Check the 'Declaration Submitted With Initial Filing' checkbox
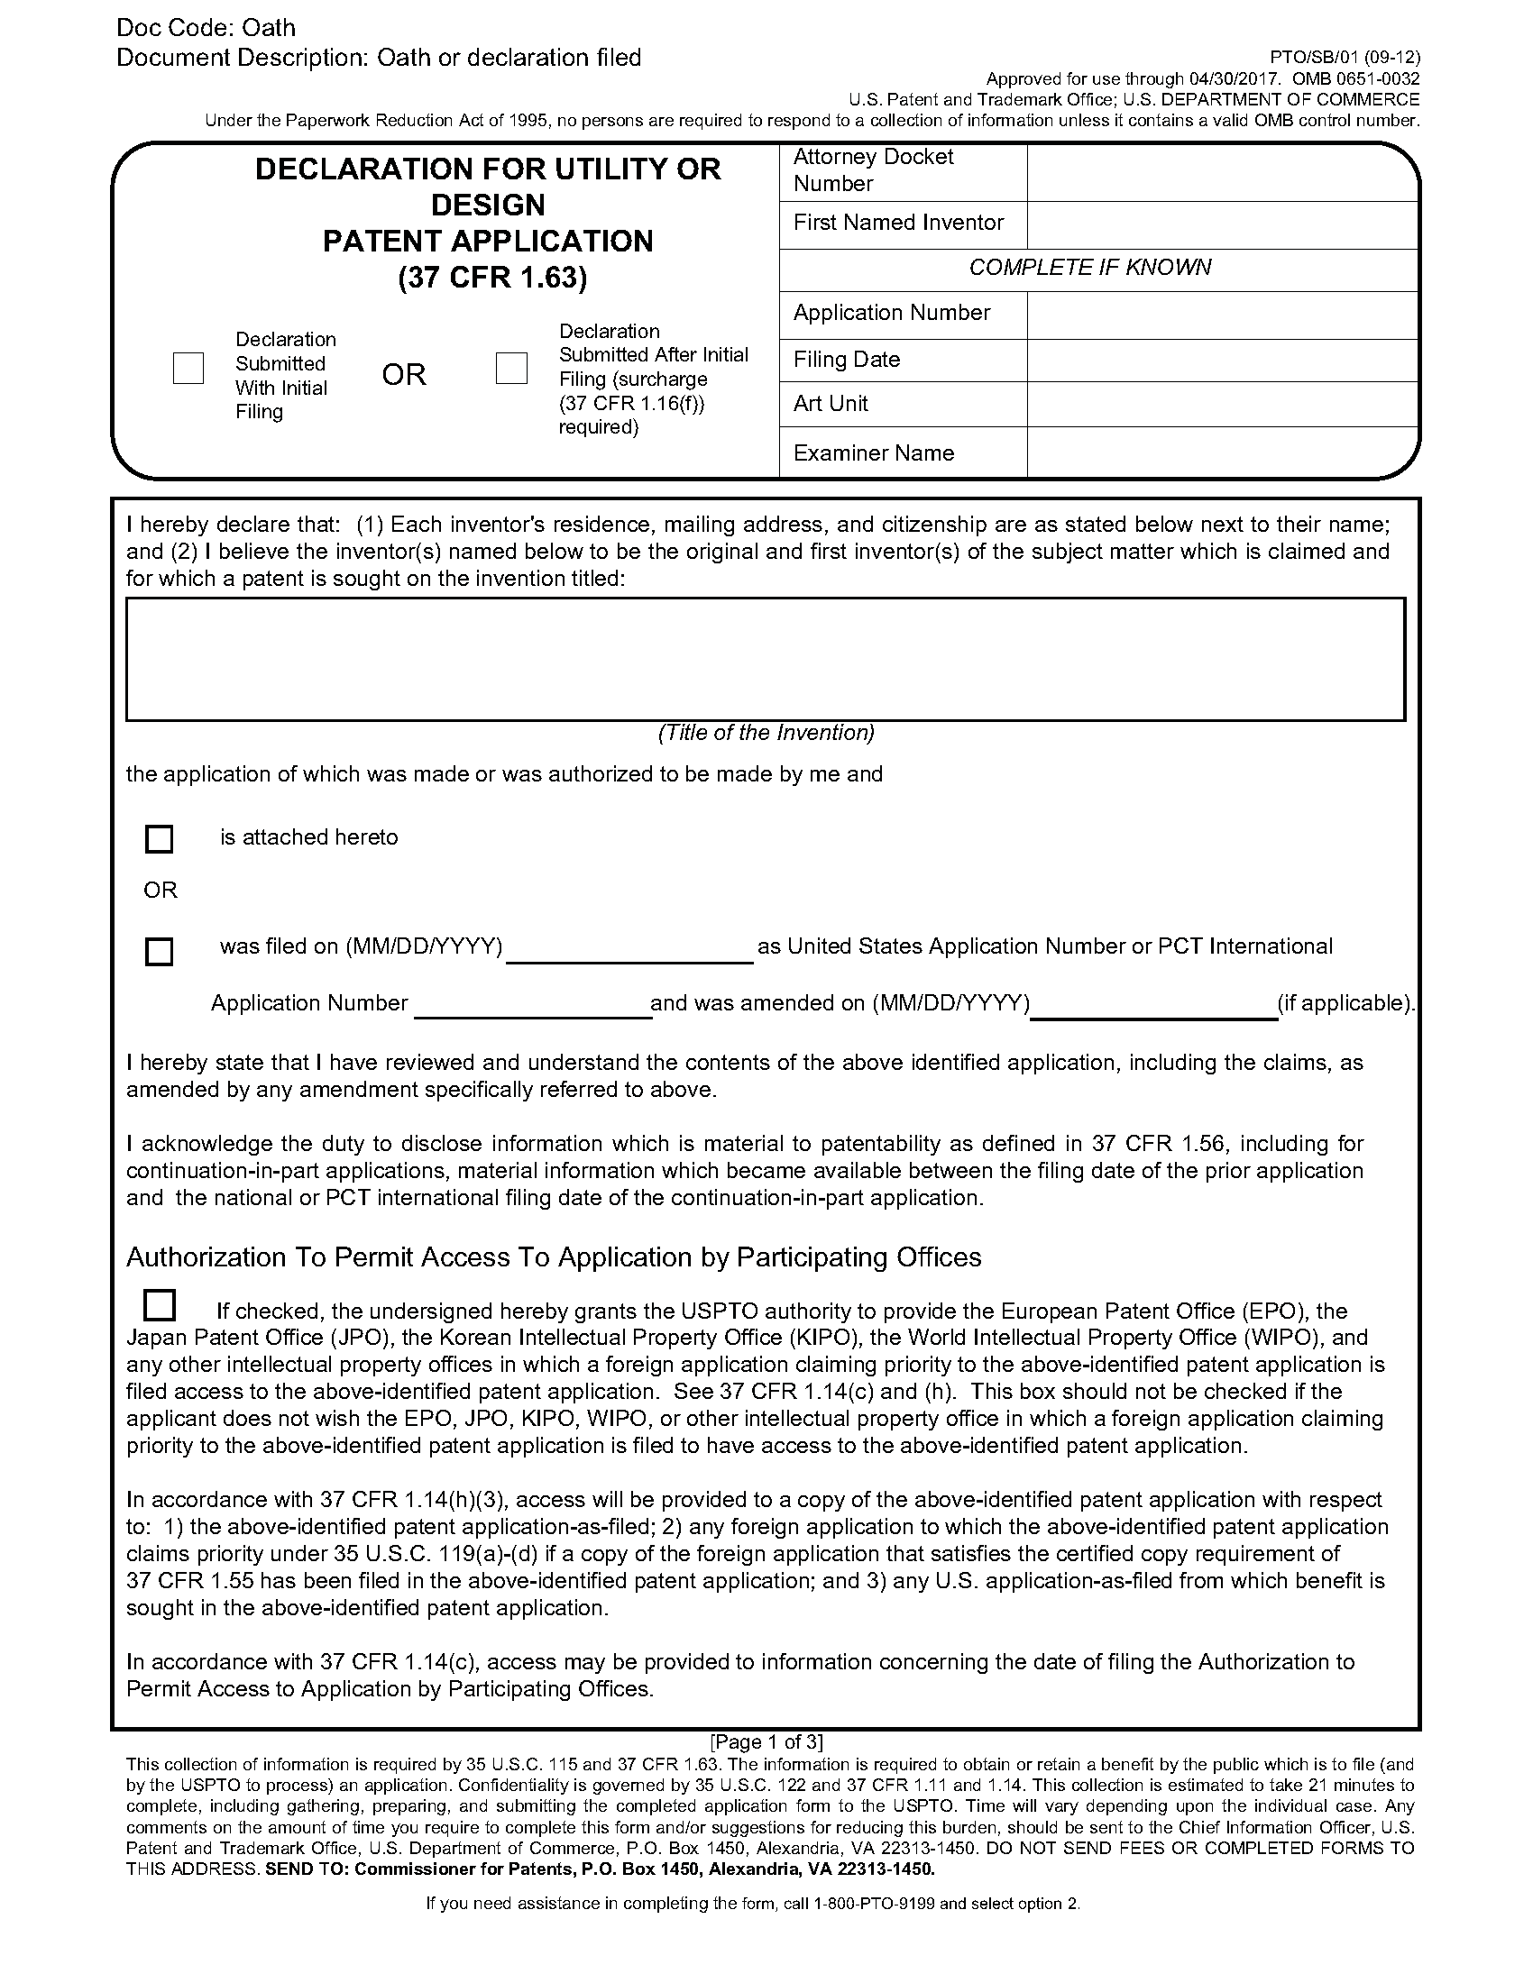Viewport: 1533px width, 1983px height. pyautogui.click(x=188, y=368)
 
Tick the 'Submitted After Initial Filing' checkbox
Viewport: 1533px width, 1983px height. pyautogui.click(x=511, y=368)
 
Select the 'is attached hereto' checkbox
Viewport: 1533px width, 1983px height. pyautogui.click(x=159, y=839)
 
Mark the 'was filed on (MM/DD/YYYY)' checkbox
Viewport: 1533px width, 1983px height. pyautogui.click(x=159, y=951)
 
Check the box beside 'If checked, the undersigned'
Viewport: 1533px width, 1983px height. pyautogui.click(x=160, y=1306)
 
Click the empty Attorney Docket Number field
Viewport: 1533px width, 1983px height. pyautogui.click(x=1222, y=171)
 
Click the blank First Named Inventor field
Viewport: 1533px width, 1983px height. pyautogui.click(x=1222, y=224)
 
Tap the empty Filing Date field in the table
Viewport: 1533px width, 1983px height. pyautogui.click(x=1222, y=361)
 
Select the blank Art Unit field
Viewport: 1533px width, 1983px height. pyautogui.click(x=1222, y=404)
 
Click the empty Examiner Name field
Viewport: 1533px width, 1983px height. pyautogui.click(x=1222, y=452)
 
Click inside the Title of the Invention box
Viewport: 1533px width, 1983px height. pyautogui.click(x=766, y=659)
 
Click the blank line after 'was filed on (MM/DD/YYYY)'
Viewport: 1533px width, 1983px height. pyautogui.click(x=629, y=950)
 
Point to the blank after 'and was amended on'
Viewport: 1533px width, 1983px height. pyautogui.click(x=1153, y=1006)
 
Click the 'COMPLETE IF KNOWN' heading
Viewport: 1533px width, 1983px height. pyautogui.click(x=1090, y=268)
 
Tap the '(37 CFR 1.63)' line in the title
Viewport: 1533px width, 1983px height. pyautogui.click(x=492, y=278)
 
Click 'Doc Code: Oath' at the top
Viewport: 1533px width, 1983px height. pyautogui.click(x=207, y=28)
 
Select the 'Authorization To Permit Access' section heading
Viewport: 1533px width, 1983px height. pyautogui.click(x=553, y=1257)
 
